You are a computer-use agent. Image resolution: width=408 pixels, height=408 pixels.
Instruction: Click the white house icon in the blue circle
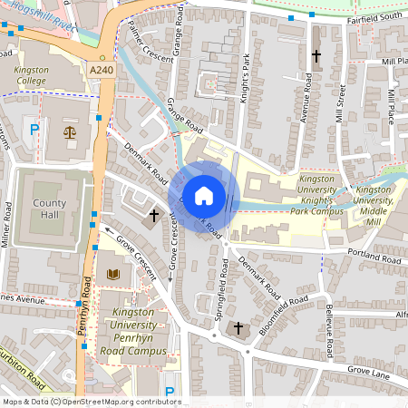pos(204,195)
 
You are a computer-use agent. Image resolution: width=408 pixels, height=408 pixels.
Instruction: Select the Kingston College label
pos(31,75)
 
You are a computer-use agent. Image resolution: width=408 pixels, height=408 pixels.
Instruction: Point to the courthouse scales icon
pos(70,131)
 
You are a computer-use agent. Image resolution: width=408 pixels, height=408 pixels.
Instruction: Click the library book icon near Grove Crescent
pos(113,273)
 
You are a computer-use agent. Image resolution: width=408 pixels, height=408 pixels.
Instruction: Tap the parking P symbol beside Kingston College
pos(34,130)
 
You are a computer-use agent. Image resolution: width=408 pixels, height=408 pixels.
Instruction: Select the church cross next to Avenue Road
pos(316,56)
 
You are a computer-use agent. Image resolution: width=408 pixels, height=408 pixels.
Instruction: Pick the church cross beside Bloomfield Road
pos(238,327)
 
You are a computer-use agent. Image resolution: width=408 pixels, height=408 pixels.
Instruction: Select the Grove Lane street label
pos(366,371)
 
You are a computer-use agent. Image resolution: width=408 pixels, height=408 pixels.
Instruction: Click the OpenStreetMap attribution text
pos(91,402)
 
